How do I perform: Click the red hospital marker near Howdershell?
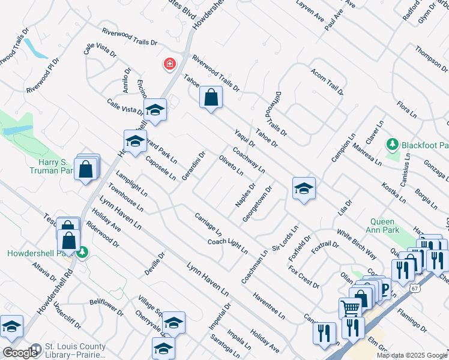[x=170, y=64]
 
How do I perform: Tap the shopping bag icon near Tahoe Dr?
[x=211, y=98]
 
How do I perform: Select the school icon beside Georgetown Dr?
[x=304, y=189]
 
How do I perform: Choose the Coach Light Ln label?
[x=228, y=245]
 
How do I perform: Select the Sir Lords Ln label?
[x=285, y=239]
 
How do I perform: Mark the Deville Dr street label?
[x=154, y=264]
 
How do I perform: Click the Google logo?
[x=20, y=352]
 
